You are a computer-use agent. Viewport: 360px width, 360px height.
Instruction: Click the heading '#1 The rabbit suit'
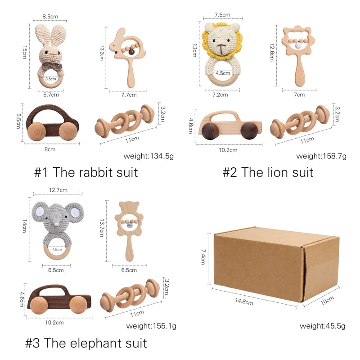[x=86, y=172]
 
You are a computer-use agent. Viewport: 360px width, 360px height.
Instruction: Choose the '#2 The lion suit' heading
[x=268, y=172]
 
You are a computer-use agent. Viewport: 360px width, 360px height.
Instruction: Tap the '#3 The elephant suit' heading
[x=86, y=343]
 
